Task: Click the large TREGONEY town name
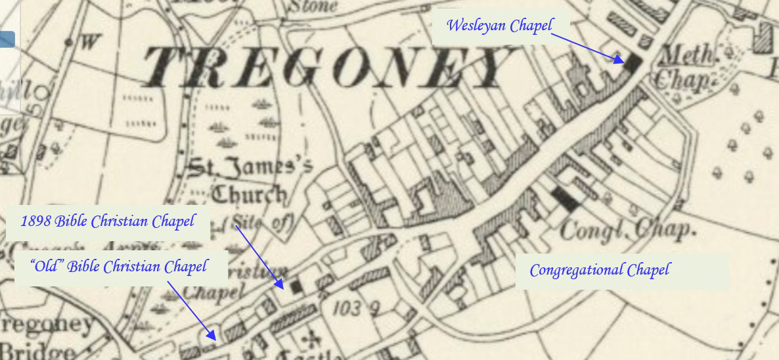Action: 322,68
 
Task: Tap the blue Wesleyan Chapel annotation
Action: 499,26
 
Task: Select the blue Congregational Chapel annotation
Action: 599,270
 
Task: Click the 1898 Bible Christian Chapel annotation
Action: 108,221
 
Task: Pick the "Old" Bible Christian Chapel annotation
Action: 119,266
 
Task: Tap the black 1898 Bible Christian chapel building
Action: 297,286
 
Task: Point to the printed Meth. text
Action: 687,56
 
